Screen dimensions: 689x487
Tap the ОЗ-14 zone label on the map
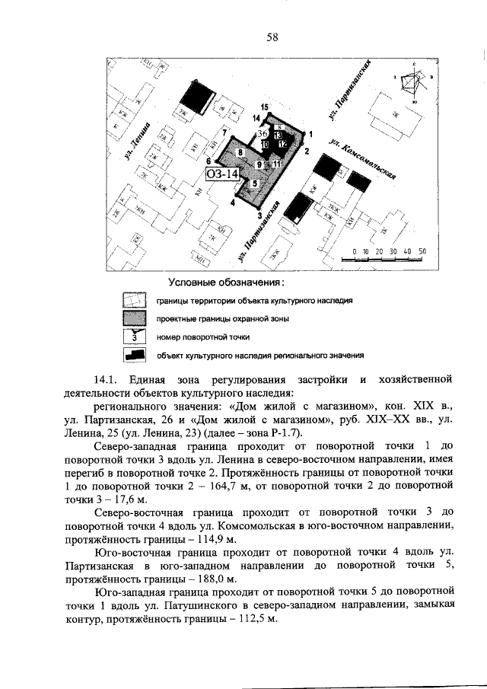click(222, 174)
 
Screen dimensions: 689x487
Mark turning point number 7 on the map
click(225, 134)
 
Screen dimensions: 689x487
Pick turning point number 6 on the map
click(208, 162)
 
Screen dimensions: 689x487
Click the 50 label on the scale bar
click(422, 250)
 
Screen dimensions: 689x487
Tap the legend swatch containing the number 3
click(135, 336)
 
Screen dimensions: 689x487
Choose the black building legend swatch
click(135, 354)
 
